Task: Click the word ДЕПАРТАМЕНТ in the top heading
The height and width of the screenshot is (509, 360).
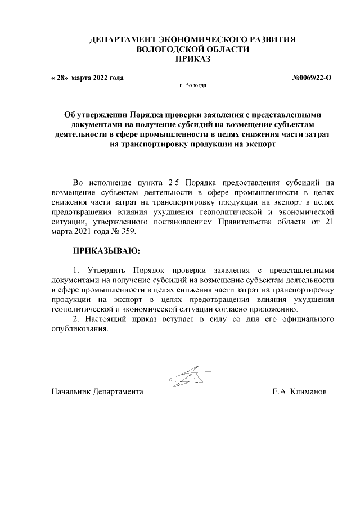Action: (x=123, y=40)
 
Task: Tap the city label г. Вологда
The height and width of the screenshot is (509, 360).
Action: (x=192, y=87)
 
